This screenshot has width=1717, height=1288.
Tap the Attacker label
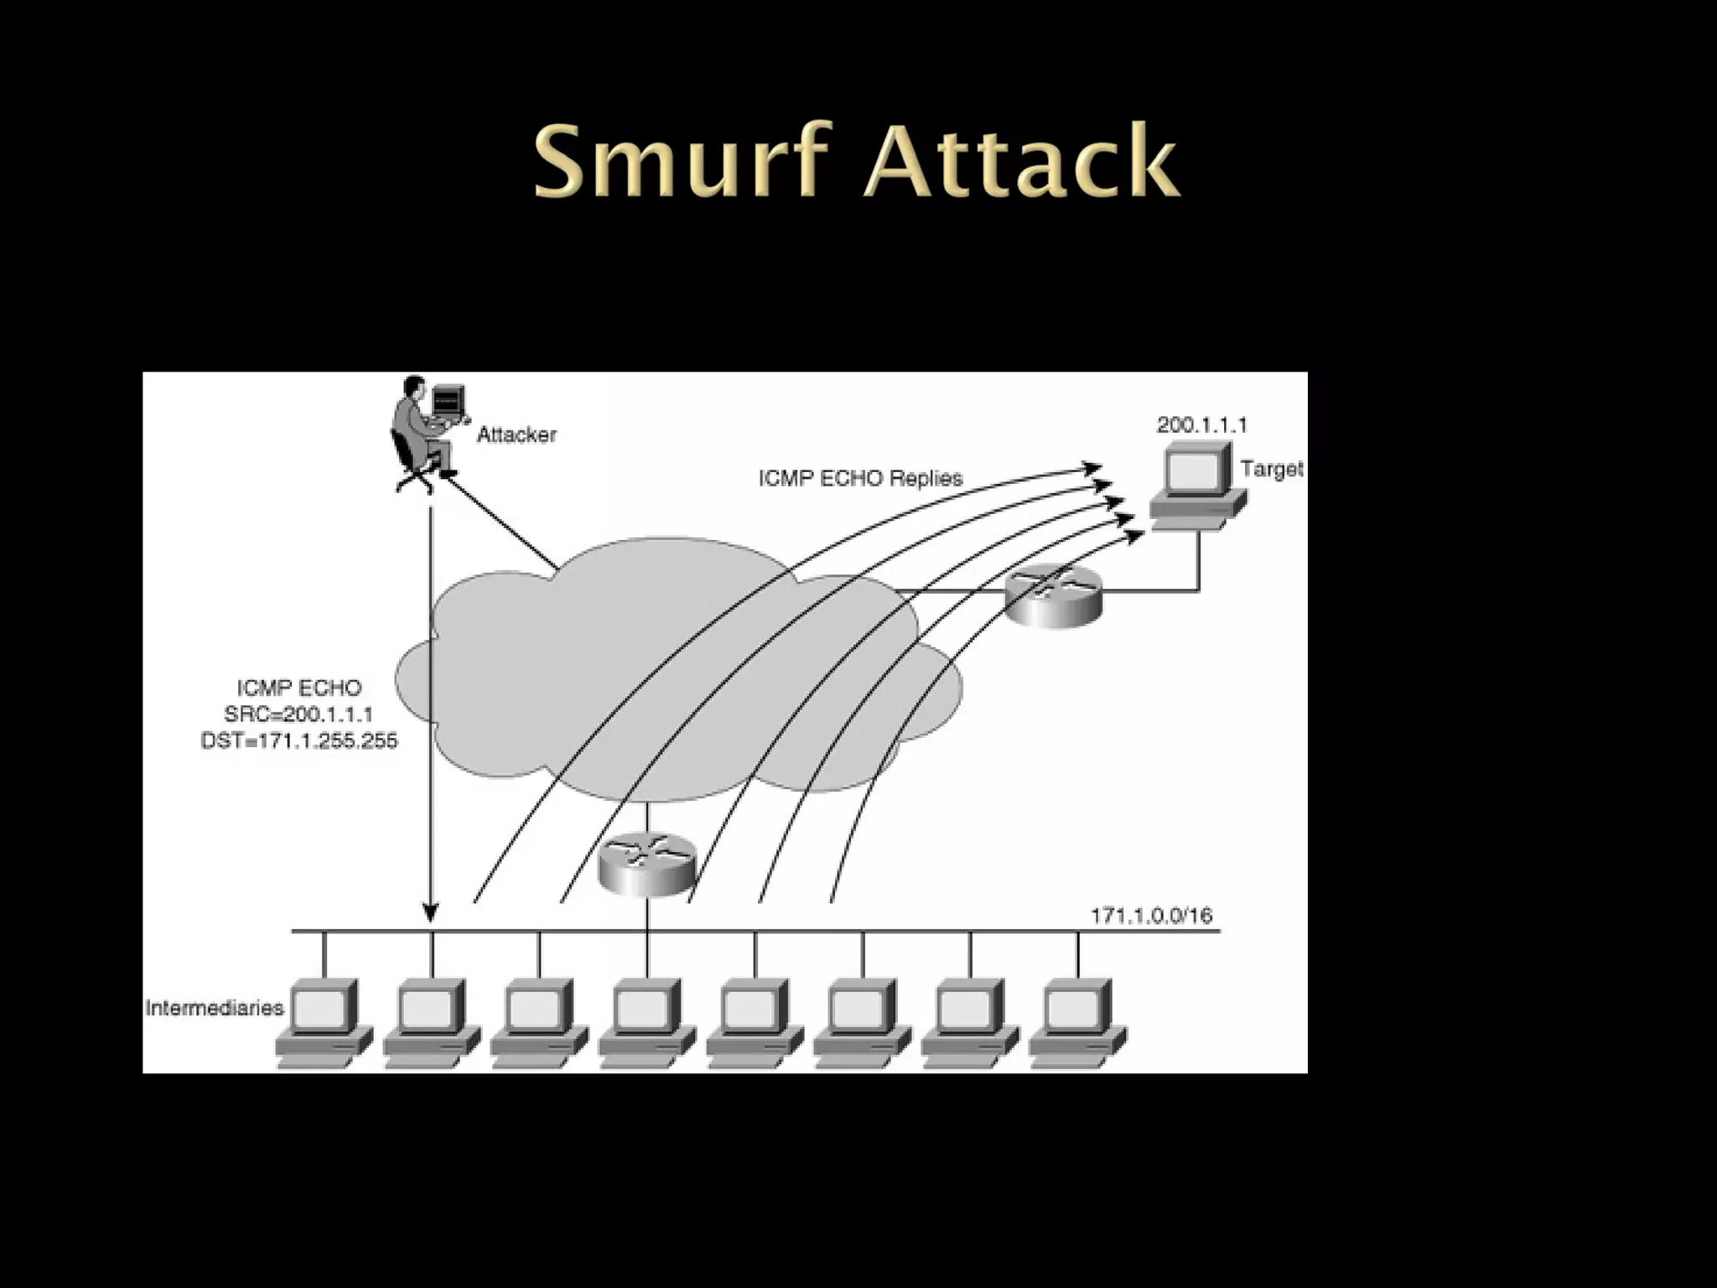[x=516, y=434]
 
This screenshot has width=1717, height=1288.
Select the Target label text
[x=1271, y=469]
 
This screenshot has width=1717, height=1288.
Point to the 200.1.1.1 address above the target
[x=1201, y=425]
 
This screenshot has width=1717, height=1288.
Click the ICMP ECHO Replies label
[x=860, y=479]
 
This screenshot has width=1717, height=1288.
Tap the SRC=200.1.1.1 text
[x=298, y=714]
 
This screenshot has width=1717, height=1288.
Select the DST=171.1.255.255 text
[x=298, y=741]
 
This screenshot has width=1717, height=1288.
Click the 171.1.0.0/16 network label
[x=1150, y=915]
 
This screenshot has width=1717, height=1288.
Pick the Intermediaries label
[x=215, y=1007]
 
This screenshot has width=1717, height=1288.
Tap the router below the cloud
[x=647, y=864]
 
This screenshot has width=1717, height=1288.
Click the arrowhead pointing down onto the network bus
[x=430, y=911]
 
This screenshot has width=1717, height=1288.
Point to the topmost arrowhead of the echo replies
[x=1092, y=468]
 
